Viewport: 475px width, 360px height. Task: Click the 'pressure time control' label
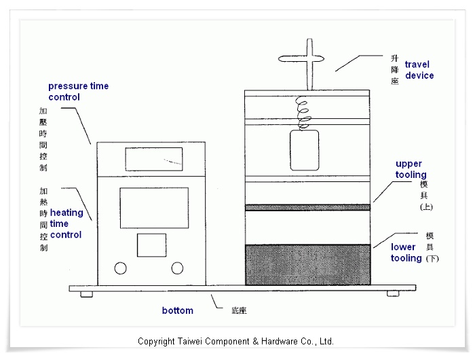tap(78, 92)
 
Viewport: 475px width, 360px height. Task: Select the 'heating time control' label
tap(66, 223)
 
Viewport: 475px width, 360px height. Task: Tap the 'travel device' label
tap(419, 70)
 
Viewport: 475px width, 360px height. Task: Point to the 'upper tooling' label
tap(411, 169)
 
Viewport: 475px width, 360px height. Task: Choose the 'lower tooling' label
tap(406, 253)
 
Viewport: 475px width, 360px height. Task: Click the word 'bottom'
tap(177, 310)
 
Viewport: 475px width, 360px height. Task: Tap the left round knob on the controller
tap(120, 268)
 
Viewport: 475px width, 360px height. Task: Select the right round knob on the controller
tap(177, 268)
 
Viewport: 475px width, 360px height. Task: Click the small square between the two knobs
tap(151, 245)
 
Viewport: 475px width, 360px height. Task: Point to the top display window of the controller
tap(154, 158)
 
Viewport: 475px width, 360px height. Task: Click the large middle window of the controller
tap(154, 207)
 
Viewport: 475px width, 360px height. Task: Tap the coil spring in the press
tap(305, 112)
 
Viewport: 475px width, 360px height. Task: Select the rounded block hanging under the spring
tap(305, 150)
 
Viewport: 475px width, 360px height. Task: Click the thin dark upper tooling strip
tap(307, 207)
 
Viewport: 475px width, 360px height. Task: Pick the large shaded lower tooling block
tap(307, 264)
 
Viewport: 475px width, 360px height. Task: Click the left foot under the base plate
tap(86, 294)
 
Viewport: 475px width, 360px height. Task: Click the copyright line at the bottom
tap(235, 341)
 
